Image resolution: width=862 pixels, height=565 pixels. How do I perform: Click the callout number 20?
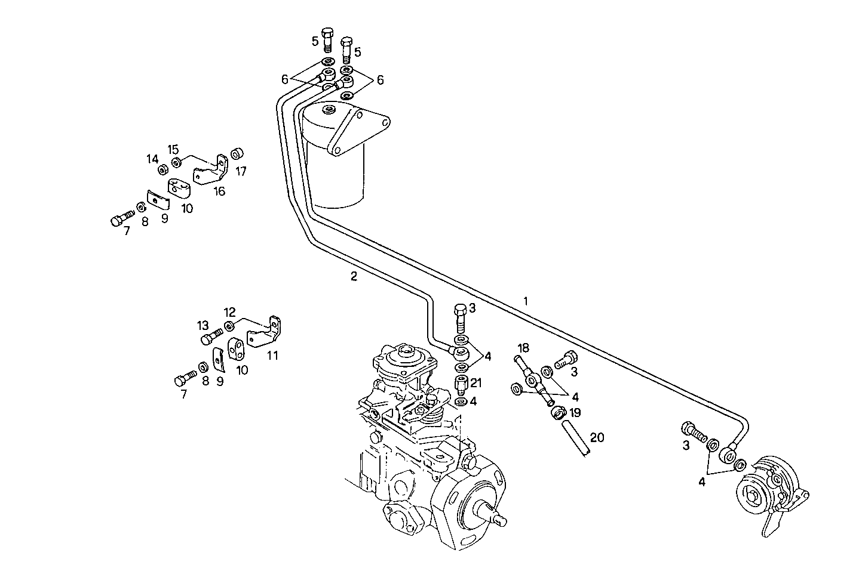click(597, 437)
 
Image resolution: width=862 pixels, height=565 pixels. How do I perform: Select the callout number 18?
click(523, 348)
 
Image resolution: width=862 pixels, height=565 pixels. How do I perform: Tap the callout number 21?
click(476, 382)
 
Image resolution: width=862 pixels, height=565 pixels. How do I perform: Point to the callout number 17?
click(241, 171)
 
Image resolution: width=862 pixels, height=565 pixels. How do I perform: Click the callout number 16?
click(219, 191)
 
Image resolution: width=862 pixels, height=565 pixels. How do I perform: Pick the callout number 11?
click(272, 356)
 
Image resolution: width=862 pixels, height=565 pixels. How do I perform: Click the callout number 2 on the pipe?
click(354, 276)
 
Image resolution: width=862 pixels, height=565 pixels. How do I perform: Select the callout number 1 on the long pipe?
click(526, 301)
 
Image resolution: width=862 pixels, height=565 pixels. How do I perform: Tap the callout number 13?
click(203, 325)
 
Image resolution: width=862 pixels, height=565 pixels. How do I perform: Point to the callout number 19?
click(575, 412)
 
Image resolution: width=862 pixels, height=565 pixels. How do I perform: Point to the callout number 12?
click(230, 312)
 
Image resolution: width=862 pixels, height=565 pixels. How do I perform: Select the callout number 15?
click(173, 149)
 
